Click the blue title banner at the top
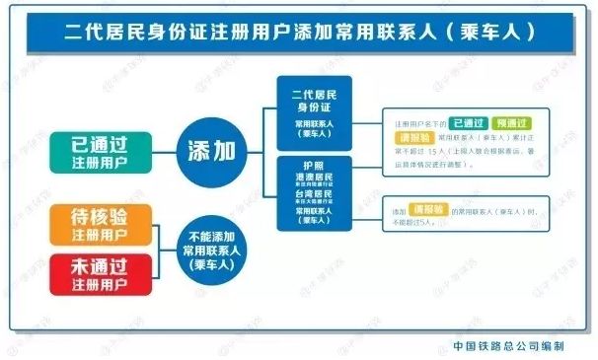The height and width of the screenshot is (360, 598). coord(299,32)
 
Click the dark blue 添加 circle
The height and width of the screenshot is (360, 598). coord(211,150)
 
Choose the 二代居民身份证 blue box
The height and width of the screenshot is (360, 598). coord(315,111)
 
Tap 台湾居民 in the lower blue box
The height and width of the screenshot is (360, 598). coord(315,197)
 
